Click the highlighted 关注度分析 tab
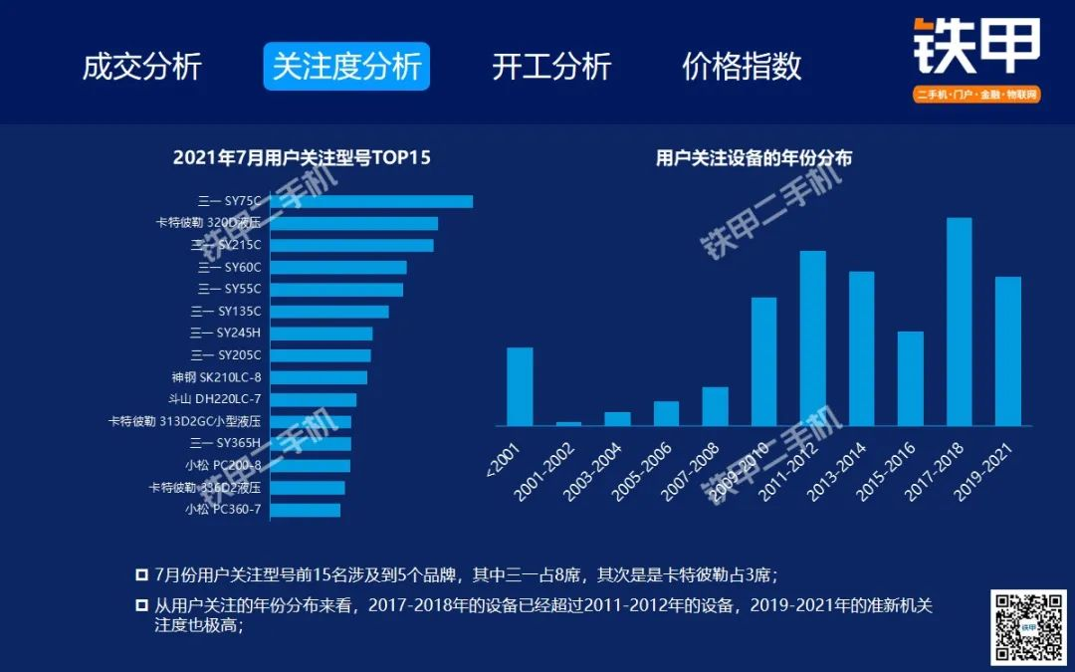346,67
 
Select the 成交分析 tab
142,67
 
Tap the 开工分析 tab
551,67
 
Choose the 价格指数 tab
742,67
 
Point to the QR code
1028,627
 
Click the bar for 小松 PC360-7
305,510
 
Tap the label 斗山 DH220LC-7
215,399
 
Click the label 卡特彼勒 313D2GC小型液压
185,421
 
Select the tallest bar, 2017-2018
959,322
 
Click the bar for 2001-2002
568,423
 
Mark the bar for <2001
520,386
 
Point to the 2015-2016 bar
910,378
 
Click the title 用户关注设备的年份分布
753,157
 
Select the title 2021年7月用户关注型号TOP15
302,157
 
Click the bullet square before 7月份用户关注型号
141,575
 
